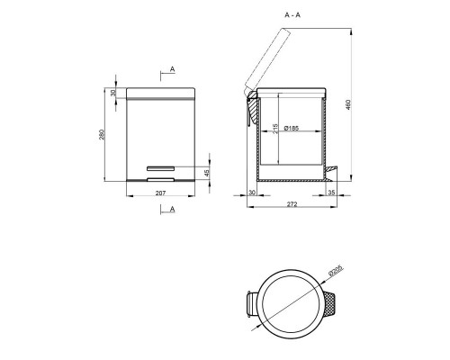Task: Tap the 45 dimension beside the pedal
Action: point(208,174)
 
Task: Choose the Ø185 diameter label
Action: point(294,129)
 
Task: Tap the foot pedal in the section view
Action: point(330,168)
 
